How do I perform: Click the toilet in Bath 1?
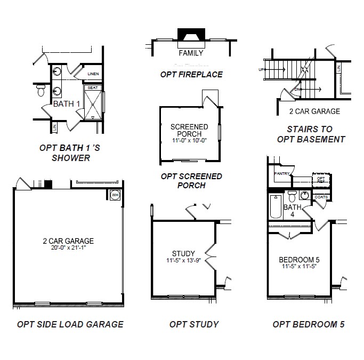click(41, 91)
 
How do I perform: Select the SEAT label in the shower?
click(92, 87)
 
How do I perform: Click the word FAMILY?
click(191, 53)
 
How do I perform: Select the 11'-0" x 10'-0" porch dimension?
click(189, 141)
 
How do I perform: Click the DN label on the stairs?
click(296, 89)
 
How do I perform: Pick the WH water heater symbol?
click(115, 195)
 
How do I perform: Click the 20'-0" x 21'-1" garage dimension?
click(68, 248)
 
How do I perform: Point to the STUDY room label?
click(183, 253)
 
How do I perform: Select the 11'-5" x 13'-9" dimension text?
click(183, 261)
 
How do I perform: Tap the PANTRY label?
click(281, 174)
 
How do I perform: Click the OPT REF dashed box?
click(320, 180)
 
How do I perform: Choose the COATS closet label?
click(321, 197)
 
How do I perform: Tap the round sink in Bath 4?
click(304, 195)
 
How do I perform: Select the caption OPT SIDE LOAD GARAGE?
click(70, 324)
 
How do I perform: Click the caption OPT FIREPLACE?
click(191, 74)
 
